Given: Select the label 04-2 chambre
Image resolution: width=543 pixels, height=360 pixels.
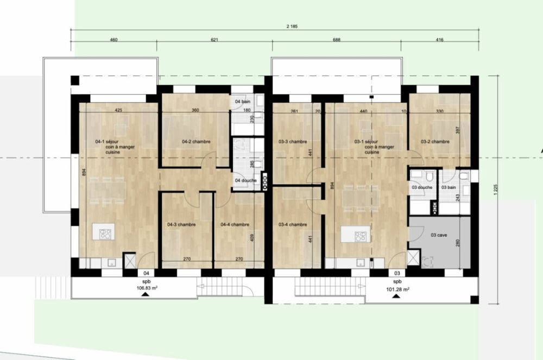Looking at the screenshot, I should pos(196,142).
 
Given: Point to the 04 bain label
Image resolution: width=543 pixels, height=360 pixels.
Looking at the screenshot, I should pos(242,102).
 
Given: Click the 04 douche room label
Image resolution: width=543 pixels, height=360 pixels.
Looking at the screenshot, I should pos(244,180).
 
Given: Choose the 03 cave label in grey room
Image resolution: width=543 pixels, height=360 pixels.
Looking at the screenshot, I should pos(440,235).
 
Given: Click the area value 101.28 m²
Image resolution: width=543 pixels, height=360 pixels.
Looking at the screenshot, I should pos(398,289).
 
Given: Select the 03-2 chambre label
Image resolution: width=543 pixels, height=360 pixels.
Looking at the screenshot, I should pos(435,142).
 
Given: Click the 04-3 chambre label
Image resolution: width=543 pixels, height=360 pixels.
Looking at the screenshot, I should pos(181,224).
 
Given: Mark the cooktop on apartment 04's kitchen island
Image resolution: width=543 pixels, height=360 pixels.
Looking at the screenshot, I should pos(105,235).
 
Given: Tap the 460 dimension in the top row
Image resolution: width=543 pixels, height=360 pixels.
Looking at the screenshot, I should pos(114,40).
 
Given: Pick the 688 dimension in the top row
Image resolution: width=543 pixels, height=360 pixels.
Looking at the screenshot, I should pos(337,40).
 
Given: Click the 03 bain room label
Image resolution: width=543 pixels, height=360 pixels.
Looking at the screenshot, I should pos(449,187).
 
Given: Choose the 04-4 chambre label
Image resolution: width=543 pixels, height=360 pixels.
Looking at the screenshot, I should pos(235,224).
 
